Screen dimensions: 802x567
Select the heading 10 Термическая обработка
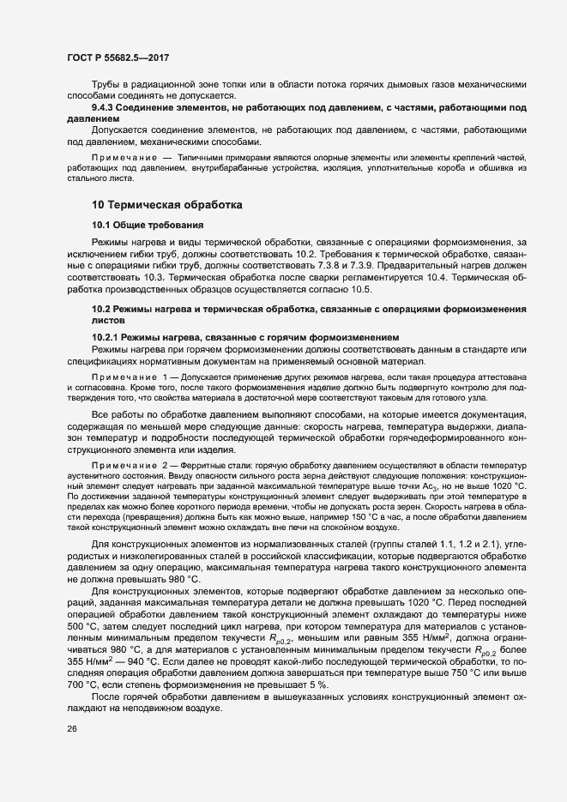pyautogui.click(x=167, y=205)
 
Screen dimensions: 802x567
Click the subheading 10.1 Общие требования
pyautogui.click(x=147, y=226)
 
